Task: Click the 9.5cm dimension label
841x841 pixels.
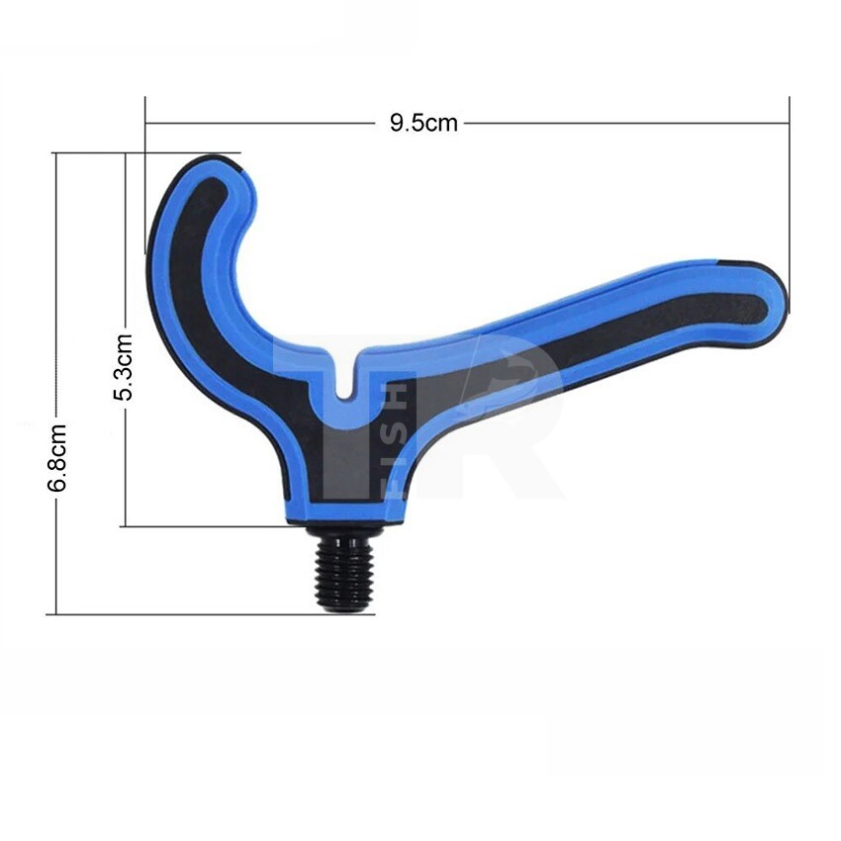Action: (x=423, y=123)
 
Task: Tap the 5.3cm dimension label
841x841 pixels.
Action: (x=123, y=367)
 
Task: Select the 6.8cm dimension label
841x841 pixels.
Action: (x=56, y=457)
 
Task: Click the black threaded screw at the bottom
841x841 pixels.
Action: (x=343, y=570)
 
